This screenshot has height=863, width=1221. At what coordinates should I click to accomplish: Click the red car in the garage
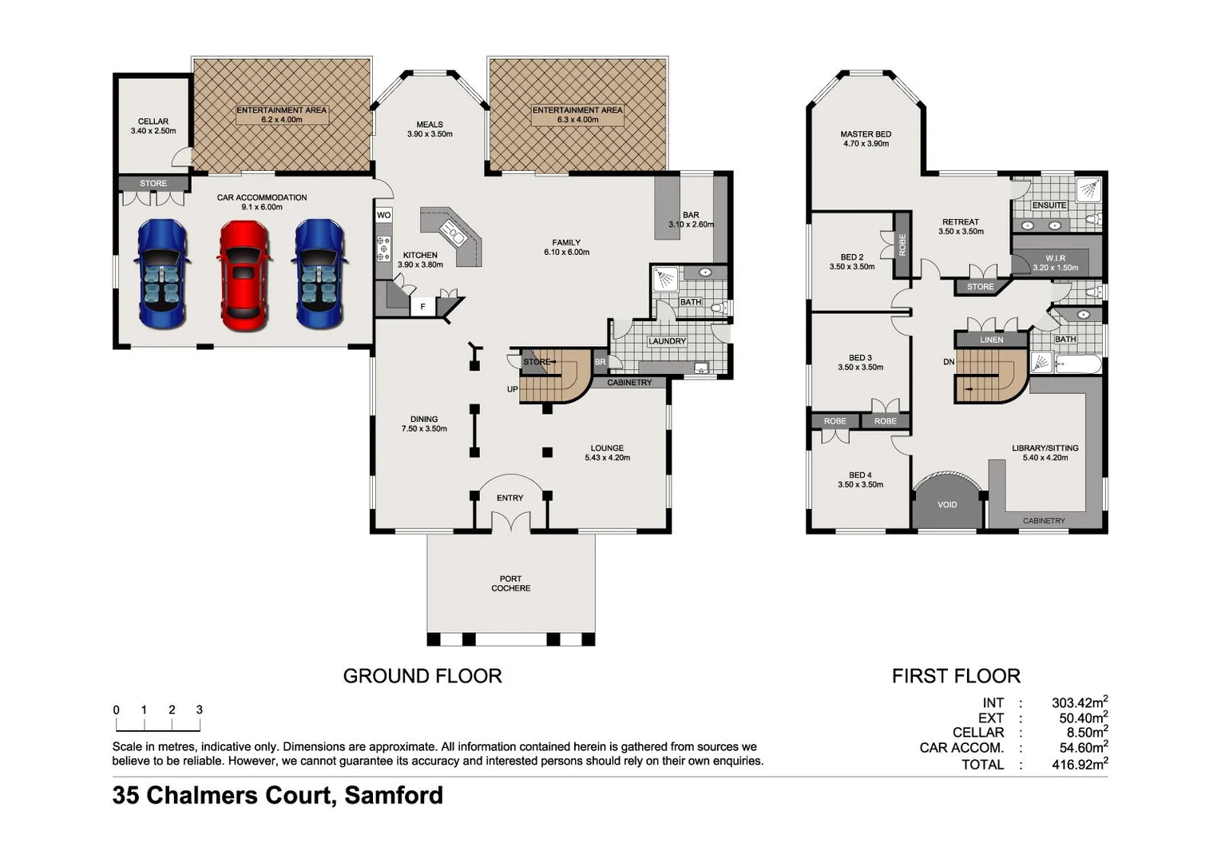(244, 274)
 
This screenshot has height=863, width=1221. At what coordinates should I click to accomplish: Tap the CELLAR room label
(153, 121)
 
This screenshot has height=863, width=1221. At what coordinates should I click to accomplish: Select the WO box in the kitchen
(383, 215)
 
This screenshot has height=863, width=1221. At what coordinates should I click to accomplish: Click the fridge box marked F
(422, 307)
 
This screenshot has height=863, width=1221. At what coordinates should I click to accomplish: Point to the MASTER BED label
(866, 134)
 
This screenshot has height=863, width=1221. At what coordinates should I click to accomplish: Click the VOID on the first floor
(947, 504)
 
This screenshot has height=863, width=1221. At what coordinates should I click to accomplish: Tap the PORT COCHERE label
(510, 583)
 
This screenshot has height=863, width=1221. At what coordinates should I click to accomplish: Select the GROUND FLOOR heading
(422, 676)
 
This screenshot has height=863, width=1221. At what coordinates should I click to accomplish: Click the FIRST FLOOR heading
(956, 676)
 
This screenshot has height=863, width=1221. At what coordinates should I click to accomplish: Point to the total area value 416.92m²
(1079, 764)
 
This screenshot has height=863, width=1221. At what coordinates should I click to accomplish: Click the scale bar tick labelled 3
(200, 710)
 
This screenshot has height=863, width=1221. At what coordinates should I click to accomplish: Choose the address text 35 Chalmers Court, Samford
(277, 795)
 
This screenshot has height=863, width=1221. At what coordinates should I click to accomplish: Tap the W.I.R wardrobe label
(1055, 258)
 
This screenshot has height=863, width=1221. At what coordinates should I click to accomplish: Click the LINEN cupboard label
(991, 340)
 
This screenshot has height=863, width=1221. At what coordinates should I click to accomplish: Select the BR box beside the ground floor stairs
(601, 362)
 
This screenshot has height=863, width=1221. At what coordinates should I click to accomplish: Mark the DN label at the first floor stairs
(949, 362)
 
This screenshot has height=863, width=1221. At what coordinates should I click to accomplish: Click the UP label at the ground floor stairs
(513, 389)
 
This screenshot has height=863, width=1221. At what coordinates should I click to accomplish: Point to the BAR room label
(691, 215)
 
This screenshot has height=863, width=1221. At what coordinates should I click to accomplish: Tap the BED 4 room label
(860, 475)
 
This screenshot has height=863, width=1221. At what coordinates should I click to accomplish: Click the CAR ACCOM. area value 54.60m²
(1079, 747)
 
